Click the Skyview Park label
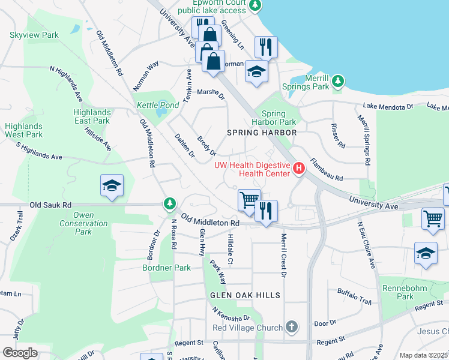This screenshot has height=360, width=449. click(34, 35)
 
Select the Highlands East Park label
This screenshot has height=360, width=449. click(92, 116)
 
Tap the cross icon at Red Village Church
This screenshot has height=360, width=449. click(291, 327)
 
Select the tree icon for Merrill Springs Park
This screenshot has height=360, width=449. click(338, 80)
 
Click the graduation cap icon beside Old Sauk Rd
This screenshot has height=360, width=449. click(112, 185)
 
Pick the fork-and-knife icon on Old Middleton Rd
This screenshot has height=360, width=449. click(266, 211)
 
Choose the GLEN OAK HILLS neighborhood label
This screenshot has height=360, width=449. click(245, 295)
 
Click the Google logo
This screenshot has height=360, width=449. click(20, 352)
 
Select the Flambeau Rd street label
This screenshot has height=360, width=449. click(326, 170)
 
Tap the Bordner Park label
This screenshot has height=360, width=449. click(167, 268)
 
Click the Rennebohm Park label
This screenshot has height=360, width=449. click(397, 292)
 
